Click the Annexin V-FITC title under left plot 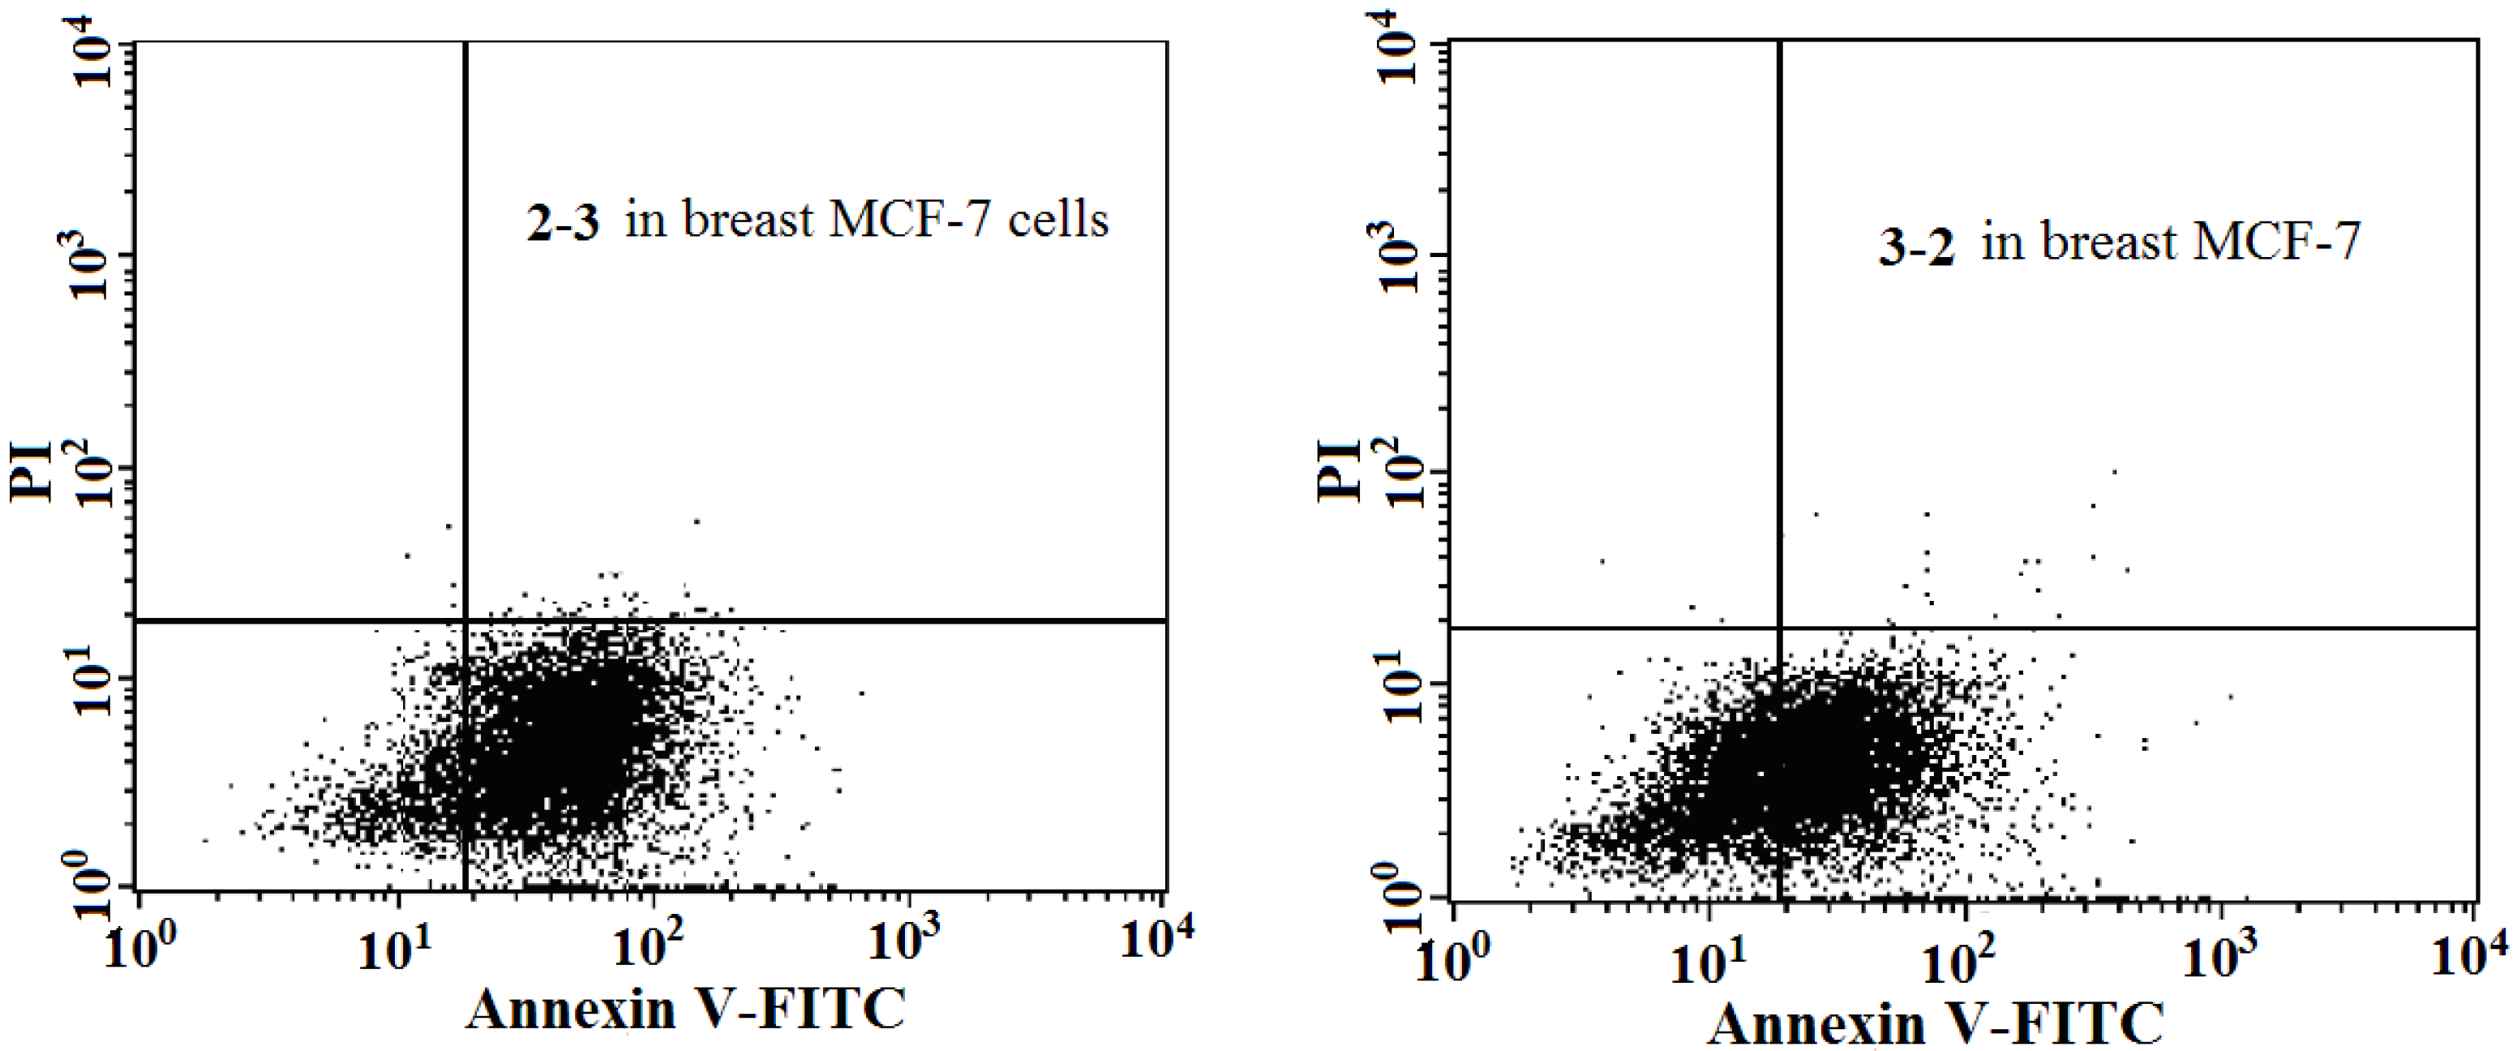686,1010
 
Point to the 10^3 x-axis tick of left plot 903,941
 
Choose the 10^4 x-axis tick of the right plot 2468,954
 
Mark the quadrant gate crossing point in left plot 465,620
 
